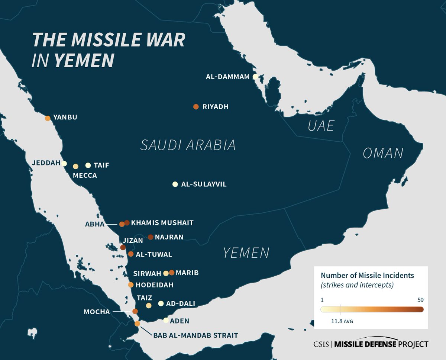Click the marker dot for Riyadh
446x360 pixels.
pos(196,107)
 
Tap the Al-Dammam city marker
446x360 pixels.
pos(255,77)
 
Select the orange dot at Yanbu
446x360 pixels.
pos(48,118)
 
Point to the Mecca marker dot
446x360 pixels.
pos(76,166)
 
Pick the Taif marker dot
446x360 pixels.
pos(88,165)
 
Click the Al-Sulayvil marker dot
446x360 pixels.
pos(175,184)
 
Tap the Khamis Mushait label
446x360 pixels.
pos(162,223)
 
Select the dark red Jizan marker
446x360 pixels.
pos(123,247)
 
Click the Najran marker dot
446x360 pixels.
pos(151,237)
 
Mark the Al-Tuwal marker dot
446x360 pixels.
pos(131,254)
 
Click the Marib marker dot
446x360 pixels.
pos(172,273)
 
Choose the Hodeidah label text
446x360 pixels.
pos(155,285)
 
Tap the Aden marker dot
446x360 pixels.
pos(166,320)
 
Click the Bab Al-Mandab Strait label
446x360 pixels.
pos(195,335)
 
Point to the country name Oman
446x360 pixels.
pos(383,153)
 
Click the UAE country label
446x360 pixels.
pos(320,126)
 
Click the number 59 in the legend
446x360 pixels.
pos(420,300)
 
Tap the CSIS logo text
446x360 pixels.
pos(321,344)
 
